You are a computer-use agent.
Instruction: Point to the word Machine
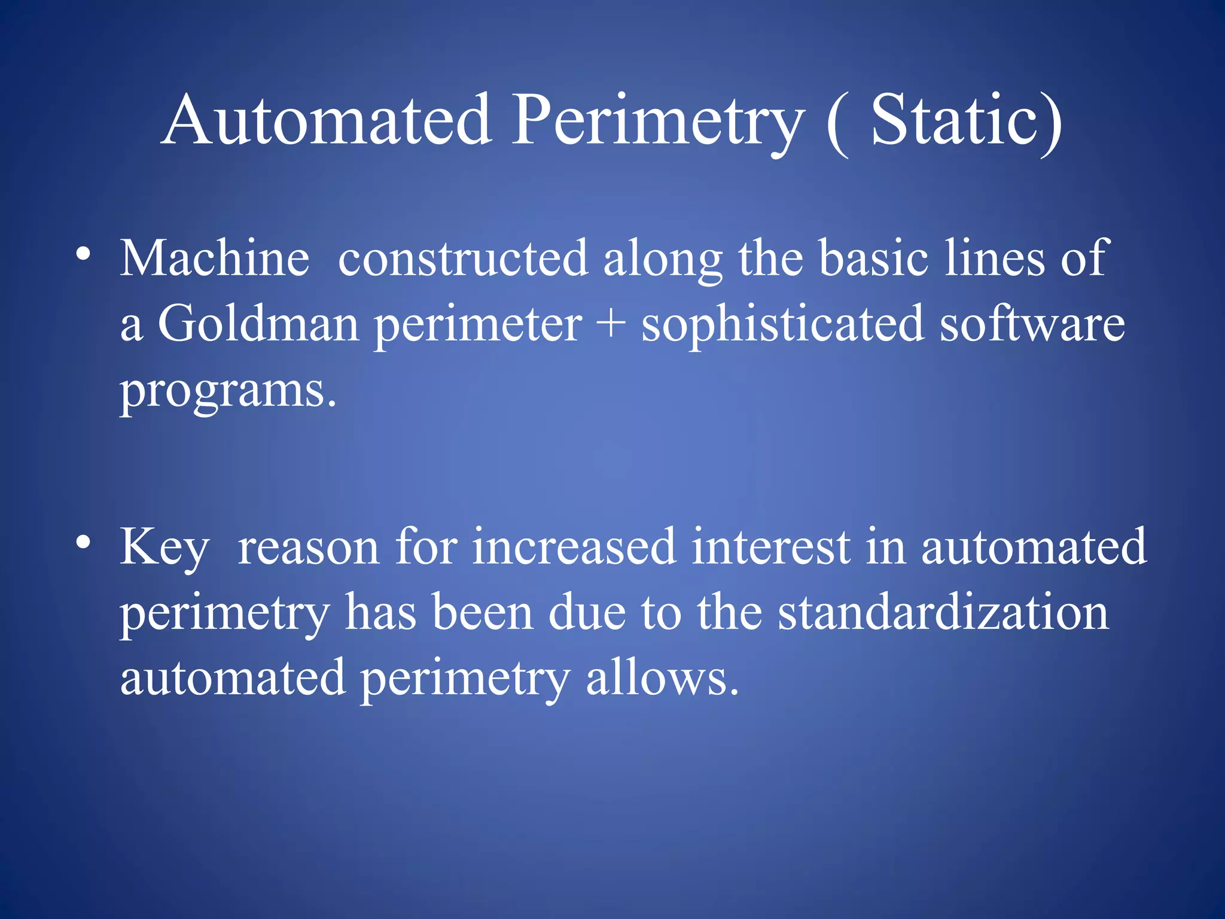click(x=215, y=258)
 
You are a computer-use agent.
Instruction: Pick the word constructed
click(x=463, y=258)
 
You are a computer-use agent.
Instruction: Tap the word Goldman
click(x=258, y=324)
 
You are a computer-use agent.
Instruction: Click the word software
click(x=1031, y=324)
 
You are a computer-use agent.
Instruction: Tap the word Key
click(x=164, y=548)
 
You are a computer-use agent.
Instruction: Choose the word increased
click(x=574, y=547)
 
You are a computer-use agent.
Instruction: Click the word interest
click(x=770, y=547)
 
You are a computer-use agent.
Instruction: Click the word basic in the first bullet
click(x=873, y=258)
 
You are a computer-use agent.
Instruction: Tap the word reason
click(x=309, y=548)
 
